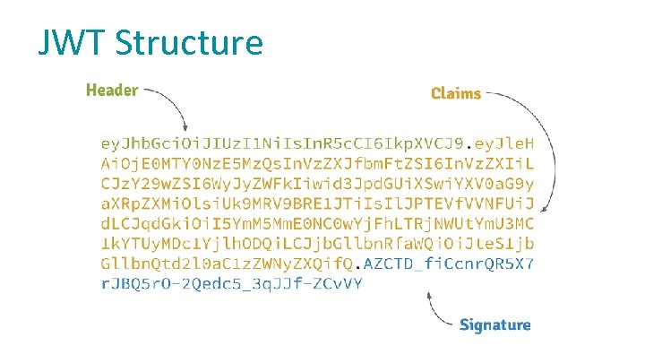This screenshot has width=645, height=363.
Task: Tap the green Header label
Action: coord(112,90)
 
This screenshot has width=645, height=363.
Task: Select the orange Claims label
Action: coord(456,92)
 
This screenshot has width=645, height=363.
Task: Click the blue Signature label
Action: coord(494,324)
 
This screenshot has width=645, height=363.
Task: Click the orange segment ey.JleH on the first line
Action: coord(503,144)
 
